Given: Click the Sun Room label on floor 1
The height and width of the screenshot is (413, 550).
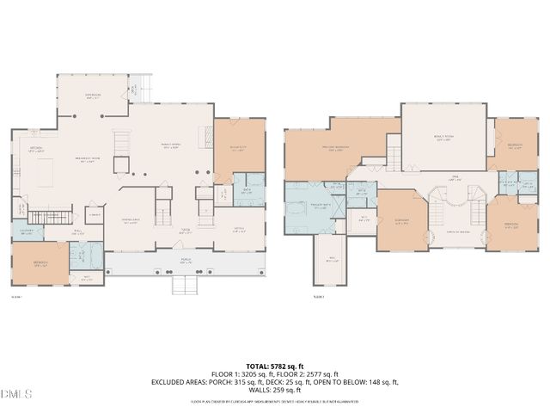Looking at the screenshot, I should (92, 95).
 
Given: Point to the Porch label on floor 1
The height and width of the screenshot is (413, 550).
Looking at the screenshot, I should (185, 261).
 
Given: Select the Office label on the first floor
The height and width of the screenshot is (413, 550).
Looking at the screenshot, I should (239, 228).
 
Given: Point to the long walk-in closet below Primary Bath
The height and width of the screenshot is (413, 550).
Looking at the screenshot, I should (332, 259).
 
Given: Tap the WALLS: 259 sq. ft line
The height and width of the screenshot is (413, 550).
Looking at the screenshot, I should (275, 390).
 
